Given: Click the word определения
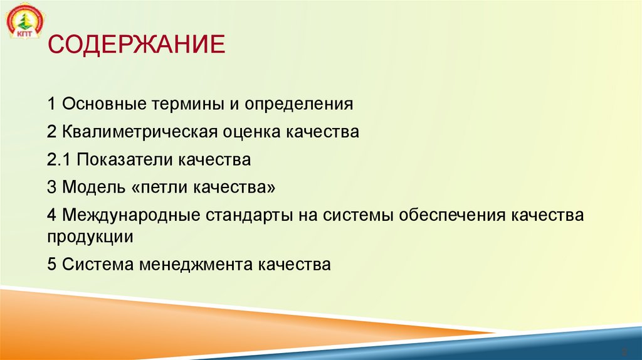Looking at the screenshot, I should pyautogui.click(x=298, y=103).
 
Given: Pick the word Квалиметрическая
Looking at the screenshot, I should pyautogui.click(x=140, y=132).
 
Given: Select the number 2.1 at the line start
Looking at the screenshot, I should pyautogui.click(x=60, y=160).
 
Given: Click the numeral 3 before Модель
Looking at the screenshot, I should pyautogui.click(x=51, y=188).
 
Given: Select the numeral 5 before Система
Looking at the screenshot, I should pyautogui.click(x=51, y=265).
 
